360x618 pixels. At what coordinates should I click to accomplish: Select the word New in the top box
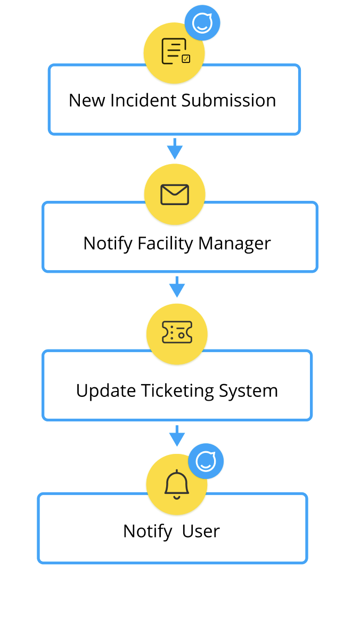click(x=87, y=100)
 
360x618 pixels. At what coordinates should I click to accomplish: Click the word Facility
click(x=166, y=243)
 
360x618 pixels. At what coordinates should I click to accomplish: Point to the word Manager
click(x=234, y=243)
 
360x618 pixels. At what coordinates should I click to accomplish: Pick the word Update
click(x=106, y=391)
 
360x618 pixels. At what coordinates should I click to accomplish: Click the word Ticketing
click(x=178, y=391)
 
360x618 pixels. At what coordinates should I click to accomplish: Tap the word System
click(x=249, y=391)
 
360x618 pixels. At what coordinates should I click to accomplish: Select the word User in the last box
click(x=201, y=531)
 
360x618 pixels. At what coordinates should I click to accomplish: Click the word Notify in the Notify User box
click(x=148, y=531)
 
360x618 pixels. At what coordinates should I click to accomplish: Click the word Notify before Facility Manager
click(x=108, y=243)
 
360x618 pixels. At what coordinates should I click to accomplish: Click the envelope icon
click(x=175, y=194)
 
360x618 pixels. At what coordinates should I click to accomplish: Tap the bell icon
click(x=177, y=484)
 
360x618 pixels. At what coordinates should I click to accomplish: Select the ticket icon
click(x=177, y=332)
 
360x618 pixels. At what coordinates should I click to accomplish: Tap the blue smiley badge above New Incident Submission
click(x=202, y=23)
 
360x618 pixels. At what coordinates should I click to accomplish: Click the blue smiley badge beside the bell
click(x=206, y=461)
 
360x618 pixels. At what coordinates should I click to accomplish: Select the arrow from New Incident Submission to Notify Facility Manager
click(x=175, y=149)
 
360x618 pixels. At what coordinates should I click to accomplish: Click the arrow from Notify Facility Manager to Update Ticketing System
click(x=177, y=287)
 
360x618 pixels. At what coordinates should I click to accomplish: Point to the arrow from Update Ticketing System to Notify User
click(x=177, y=435)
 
